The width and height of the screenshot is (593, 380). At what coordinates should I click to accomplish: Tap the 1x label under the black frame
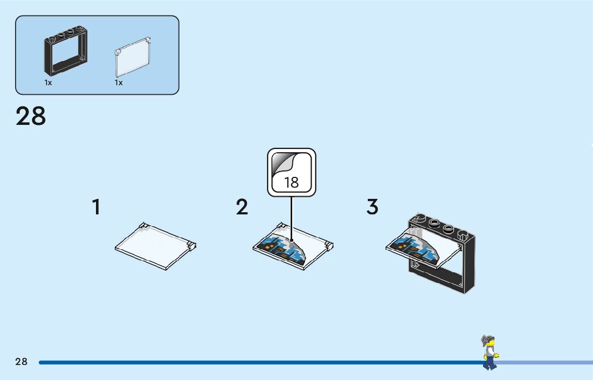48,83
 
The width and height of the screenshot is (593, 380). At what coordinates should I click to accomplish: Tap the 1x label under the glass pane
118,83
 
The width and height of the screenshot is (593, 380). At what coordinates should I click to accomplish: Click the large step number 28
31,116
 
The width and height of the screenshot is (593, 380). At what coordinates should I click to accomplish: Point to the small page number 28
21,362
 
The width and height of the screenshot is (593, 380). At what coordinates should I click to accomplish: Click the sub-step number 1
96,207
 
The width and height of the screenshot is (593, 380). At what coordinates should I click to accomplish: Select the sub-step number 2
242,207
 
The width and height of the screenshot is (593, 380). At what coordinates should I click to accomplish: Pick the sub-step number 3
373,207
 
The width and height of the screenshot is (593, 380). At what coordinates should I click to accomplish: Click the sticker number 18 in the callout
291,182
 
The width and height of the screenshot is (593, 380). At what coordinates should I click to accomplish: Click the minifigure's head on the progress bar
488,342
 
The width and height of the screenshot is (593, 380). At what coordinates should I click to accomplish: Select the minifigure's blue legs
489,363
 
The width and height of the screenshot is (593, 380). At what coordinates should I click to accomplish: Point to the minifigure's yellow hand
497,355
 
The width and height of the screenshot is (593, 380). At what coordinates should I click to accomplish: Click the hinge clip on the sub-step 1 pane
192,246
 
